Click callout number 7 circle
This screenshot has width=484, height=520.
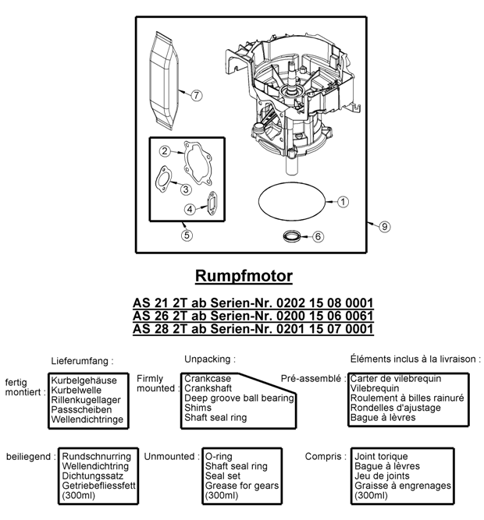point(196,94)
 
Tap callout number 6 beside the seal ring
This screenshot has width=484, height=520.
point(317,235)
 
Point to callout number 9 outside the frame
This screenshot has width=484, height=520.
point(383,226)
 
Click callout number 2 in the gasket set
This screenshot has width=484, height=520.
point(165,150)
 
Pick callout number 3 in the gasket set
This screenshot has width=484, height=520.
point(185,189)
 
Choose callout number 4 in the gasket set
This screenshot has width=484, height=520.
point(190,209)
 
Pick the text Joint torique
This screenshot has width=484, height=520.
point(381,456)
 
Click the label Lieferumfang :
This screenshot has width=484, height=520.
point(82,361)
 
